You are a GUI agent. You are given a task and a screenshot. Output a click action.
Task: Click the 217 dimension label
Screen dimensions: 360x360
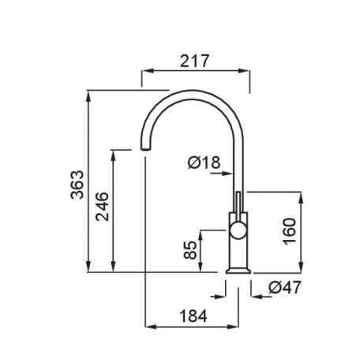[194, 61]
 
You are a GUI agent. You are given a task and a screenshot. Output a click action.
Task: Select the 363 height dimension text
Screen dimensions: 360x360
[77, 185]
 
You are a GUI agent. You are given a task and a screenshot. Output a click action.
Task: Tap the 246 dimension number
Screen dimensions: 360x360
[102, 207]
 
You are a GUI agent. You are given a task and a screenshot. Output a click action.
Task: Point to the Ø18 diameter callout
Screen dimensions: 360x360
[204, 163]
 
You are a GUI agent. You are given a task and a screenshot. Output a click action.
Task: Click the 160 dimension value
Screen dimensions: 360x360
[290, 231]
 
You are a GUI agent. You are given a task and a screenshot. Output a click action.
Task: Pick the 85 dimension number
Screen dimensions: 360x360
[190, 250]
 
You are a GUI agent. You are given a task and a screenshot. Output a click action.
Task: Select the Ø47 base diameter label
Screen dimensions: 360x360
[285, 287]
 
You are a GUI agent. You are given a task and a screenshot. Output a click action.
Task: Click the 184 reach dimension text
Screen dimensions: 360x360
[193, 316]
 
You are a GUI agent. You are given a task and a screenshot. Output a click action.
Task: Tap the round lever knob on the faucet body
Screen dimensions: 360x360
[238, 230]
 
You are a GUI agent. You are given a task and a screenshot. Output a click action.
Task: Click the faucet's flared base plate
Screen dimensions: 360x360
[238, 271]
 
